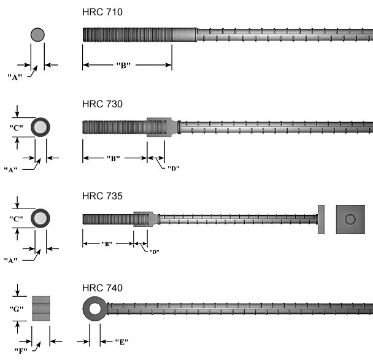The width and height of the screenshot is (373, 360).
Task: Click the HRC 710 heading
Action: (x=102, y=12)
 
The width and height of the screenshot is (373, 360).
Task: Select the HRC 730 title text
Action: (x=102, y=104)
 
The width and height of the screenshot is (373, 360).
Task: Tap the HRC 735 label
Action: (x=102, y=196)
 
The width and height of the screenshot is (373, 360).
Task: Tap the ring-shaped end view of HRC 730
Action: (x=40, y=127)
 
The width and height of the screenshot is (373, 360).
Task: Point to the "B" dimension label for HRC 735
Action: (x=107, y=243)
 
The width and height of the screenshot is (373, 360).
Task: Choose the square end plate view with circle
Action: (x=350, y=219)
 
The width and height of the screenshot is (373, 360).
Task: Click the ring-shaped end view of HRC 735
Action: (x=40, y=219)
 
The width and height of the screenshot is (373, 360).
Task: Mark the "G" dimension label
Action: (x=17, y=309)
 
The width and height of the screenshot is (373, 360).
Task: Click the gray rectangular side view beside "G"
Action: (x=42, y=309)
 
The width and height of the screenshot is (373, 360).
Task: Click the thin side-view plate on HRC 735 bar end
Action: (x=320, y=219)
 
